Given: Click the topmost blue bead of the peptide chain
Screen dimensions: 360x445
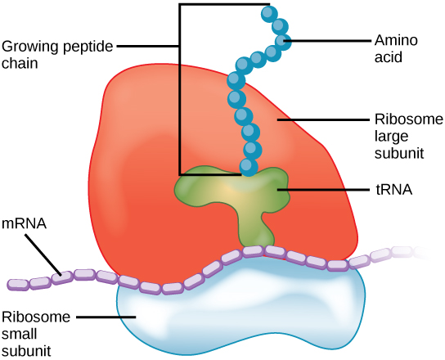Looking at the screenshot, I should [267, 13].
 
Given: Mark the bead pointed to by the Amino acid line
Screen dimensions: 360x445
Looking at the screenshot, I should [282, 41].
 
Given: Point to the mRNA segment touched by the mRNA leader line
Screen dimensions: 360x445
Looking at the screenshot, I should [61, 275].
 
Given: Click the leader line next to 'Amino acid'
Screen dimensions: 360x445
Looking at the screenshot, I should [323, 40].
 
